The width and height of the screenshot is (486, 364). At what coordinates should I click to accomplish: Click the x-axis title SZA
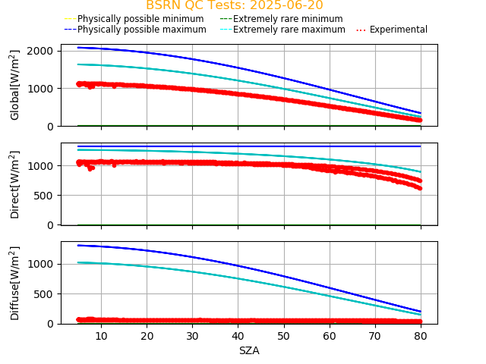(249, 351)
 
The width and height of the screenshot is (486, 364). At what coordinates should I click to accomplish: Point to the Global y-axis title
(15, 85)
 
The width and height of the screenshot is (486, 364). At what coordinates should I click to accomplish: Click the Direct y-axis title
(15, 184)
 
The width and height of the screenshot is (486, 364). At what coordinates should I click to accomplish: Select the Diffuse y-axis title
(15, 282)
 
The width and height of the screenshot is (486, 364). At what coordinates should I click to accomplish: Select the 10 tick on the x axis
(101, 335)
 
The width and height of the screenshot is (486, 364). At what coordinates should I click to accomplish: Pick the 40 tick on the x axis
(238, 335)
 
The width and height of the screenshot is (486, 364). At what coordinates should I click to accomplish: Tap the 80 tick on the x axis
(420, 335)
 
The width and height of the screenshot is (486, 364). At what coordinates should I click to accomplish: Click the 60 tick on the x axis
(329, 335)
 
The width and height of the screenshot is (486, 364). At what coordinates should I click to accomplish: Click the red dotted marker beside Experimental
(361, 30)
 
